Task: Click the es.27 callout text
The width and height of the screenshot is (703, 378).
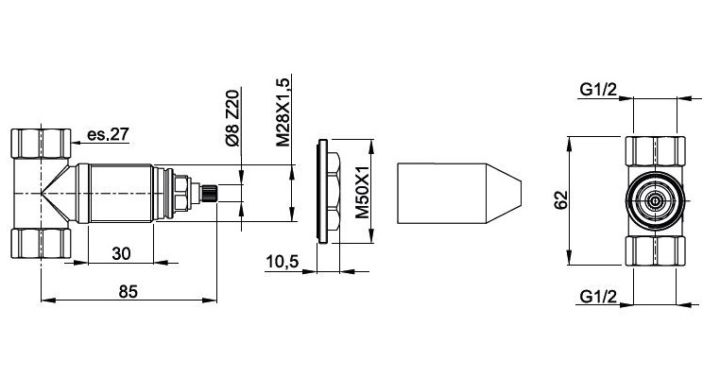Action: coord(108,134)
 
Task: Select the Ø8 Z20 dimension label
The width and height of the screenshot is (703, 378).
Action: coord(232,118)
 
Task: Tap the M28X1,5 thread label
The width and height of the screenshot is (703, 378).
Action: coord(283,112)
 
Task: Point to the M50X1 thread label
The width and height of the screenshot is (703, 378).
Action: coord(362,192)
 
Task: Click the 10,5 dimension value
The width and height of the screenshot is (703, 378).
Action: coord(282,261)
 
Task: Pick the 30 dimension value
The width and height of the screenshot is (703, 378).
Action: coord(121,253)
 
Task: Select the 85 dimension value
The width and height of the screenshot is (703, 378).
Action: coord(129,291)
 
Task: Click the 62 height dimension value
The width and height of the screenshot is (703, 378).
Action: coord(561,200)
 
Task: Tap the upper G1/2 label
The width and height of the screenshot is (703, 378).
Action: coord(598,90)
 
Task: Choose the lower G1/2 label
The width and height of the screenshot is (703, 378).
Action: coord(598,297)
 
